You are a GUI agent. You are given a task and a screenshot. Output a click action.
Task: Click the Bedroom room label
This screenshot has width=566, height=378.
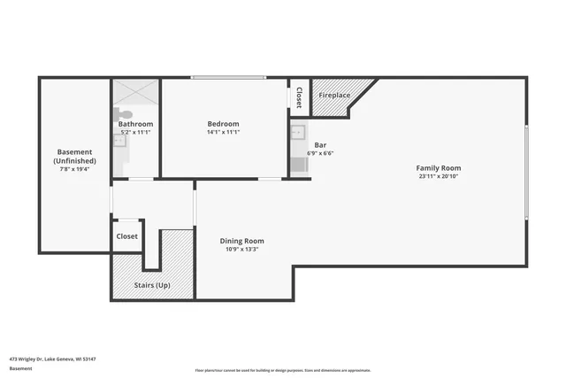click(x=223, y=124)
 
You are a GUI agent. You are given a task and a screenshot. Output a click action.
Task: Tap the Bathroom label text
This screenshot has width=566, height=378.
click(x=136, y=124)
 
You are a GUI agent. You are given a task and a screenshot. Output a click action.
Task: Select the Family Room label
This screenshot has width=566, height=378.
click(x=439, y=168)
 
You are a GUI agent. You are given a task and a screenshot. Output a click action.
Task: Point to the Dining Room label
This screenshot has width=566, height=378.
click(x=241, y=241)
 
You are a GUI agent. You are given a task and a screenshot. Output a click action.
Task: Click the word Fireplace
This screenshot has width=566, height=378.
click(x=334, y=95)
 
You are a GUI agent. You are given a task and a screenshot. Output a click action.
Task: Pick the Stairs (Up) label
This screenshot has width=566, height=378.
click(x=151, y=285)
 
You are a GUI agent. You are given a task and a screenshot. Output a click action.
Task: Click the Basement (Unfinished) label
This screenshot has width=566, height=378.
click(x=74, y=157)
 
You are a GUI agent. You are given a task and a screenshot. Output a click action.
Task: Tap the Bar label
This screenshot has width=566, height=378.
click(x=321, y=143)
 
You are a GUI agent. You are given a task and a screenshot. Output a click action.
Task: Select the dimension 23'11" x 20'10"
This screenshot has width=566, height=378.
click(x=439, y=176)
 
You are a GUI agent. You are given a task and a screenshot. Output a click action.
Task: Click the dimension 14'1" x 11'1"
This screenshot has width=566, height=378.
click(x=223, y=132)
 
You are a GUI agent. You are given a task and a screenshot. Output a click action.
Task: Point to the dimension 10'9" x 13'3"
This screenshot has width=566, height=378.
click(x=241, y=249)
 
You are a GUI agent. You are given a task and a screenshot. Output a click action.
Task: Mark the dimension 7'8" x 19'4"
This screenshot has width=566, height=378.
click(x=74, y=170)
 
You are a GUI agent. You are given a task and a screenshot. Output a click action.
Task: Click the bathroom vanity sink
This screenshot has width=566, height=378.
click(x=119, y=141)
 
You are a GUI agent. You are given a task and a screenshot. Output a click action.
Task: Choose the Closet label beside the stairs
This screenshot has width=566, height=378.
click(x=126, y=236)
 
